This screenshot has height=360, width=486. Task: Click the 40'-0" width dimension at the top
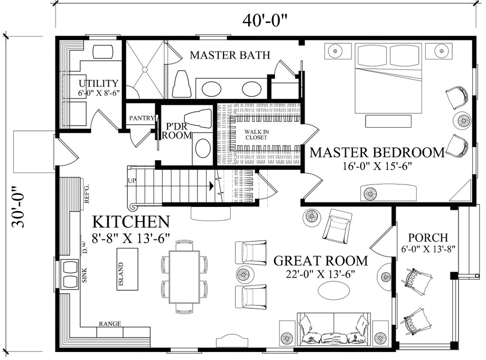coord(265,20)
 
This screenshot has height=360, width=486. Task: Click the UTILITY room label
coord(98,84)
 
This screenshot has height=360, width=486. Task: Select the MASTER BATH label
coord(230,55)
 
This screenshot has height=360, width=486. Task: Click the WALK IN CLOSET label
coord(256,134)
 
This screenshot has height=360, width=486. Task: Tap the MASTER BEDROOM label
coord(377,152)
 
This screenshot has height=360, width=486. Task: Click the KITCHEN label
coord(131,222)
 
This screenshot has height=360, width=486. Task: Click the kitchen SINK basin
coord(70,274)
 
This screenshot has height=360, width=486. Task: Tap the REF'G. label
coord(87,194)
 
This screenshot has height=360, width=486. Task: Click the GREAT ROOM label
coord(321,260)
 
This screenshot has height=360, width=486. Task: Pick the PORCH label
coord(428,237)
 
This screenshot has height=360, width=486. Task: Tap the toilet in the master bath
coord(182,85)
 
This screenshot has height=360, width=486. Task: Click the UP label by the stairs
coord(132,181)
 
